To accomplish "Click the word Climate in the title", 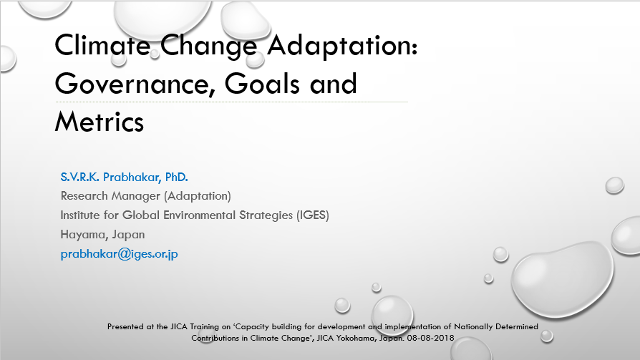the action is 102,44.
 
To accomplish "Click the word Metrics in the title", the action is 100,122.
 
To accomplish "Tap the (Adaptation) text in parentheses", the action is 198,196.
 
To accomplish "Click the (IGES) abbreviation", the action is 313,215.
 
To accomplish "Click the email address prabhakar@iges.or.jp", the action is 119,254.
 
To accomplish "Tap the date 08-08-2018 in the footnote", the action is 431,338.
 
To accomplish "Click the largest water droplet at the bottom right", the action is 562,280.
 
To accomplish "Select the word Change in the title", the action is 208,46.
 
